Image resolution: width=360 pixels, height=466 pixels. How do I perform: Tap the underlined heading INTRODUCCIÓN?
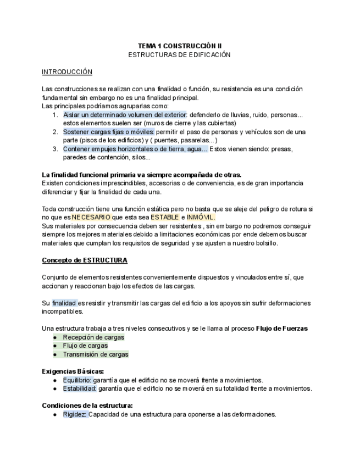tap(67, 72)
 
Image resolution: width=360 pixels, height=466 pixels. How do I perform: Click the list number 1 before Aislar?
tap(55, 115)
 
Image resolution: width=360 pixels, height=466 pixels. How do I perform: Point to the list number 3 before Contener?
tap(55, 149)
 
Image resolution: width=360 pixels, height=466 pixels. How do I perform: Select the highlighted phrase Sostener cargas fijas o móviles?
tap(109, 132)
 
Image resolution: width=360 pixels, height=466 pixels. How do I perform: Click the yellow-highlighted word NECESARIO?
tap(91, 217)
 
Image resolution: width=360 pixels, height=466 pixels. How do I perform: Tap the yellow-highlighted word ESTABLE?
tap(165, 217)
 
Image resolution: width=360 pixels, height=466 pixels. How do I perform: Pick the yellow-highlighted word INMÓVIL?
tap(197, 217)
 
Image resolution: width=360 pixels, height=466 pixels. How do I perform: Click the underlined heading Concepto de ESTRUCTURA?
tap(85, 260)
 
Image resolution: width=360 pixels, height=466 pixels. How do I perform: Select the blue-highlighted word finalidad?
tap(64, 303)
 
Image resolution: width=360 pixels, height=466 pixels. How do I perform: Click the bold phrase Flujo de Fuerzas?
tap(281, 329)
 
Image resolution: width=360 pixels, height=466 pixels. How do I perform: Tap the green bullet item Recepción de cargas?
tap(93, 337)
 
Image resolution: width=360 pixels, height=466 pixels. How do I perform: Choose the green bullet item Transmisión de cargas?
tap(96, 354)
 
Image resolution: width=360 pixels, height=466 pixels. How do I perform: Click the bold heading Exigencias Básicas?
tap(73, 371)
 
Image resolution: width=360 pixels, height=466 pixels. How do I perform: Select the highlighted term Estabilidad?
tap(80, 389)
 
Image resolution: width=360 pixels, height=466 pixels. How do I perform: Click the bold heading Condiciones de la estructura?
tap(87, 406)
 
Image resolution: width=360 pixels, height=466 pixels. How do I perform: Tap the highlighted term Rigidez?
tap(75, 414)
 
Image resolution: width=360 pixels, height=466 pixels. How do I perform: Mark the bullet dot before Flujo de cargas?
tap(55, 346)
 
